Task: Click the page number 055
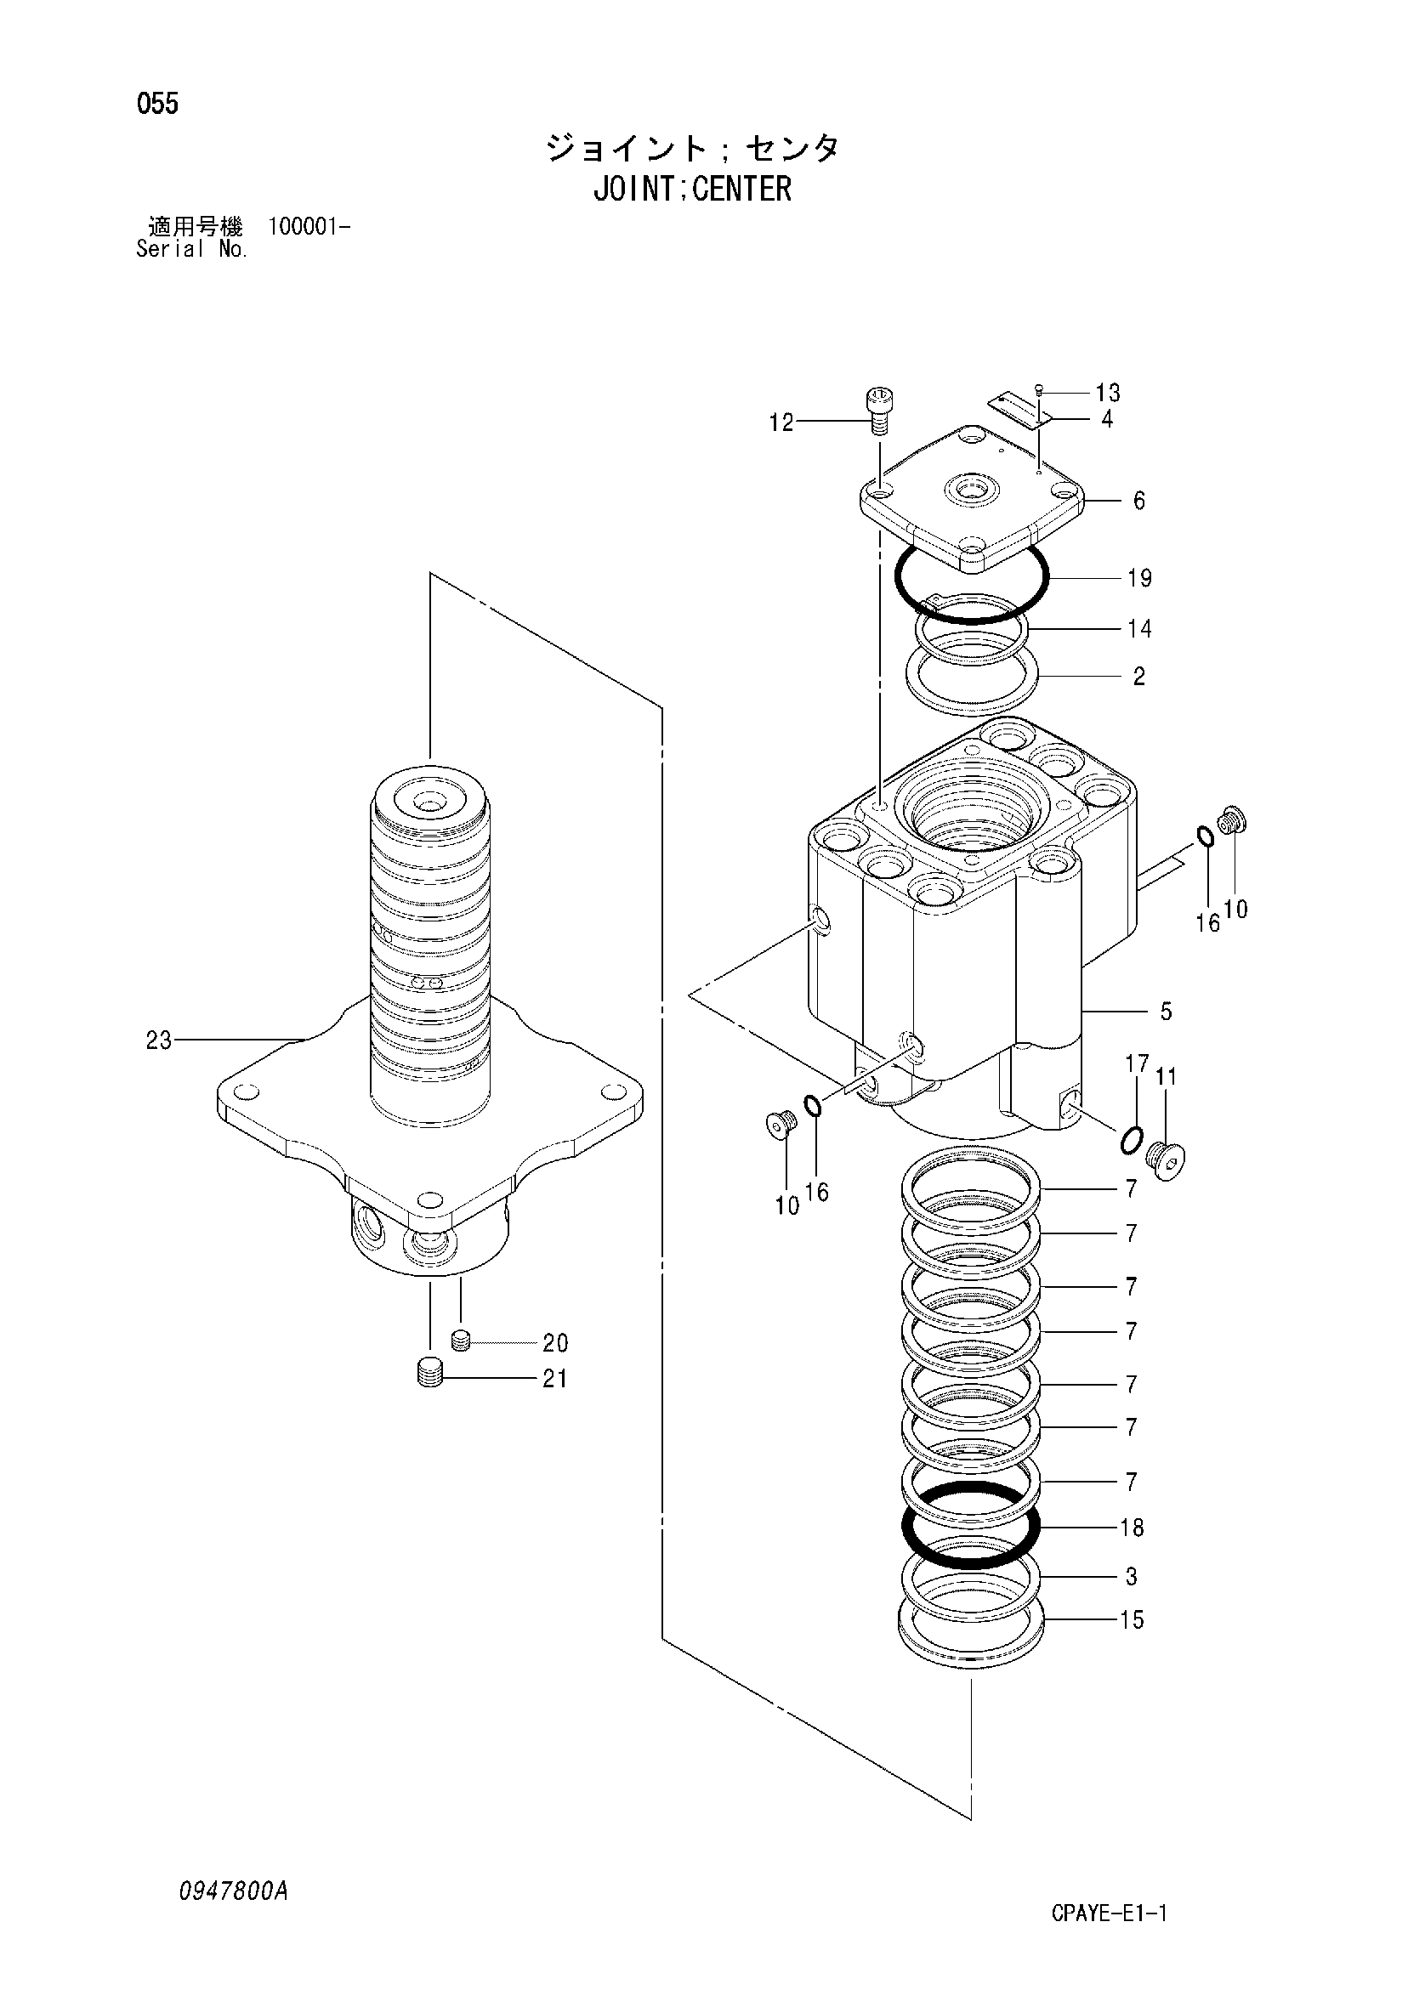point(158,105)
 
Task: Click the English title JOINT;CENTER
point(692,189)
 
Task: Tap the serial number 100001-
point(309,228)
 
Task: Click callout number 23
point(159,1040)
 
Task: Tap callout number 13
point(1107,394)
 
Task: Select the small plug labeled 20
point(461,1341)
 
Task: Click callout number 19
point(1138,578)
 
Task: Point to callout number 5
point(1167,1011)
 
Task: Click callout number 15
point(1132,1620)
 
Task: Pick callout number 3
point(1131,1577)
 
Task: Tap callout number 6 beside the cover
point(1138,501)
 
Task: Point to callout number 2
point(1138,676)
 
